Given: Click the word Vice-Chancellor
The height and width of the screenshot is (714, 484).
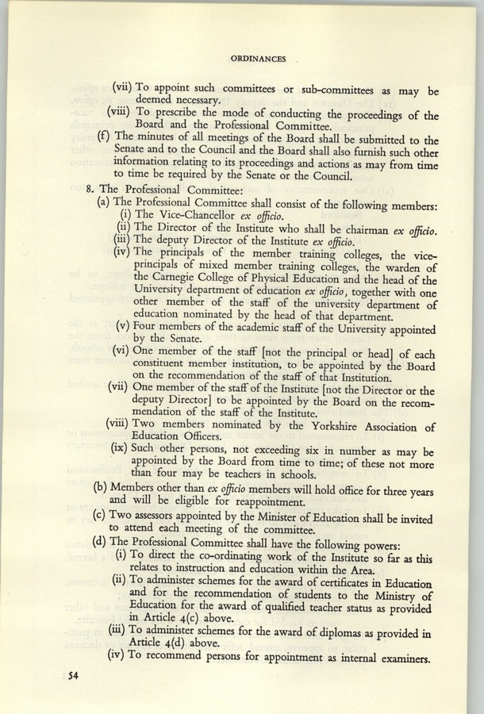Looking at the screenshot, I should [x=181, y=214].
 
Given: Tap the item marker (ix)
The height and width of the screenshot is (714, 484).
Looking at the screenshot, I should [x=122, y=447].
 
